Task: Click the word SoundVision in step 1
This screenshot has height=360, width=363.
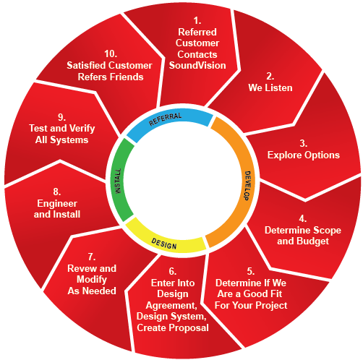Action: [x=197, y=65]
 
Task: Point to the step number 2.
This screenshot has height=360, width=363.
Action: [x=270, y=77]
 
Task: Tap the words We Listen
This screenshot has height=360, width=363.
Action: [x=270, y=87]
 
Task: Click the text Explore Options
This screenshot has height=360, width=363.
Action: [x=304, y=155]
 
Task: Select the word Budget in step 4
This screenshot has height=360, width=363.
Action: [x=312, y=241]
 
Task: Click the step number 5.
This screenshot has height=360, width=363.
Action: [x=251, y=272]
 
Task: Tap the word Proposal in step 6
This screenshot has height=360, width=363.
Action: [x=189, y=328]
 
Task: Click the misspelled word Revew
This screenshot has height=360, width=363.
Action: [x=82, y=268]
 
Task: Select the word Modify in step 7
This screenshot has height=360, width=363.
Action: [x=92, y=280]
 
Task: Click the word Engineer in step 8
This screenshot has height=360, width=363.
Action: [x=57, y=204]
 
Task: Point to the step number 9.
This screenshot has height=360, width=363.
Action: [x=61, y=117]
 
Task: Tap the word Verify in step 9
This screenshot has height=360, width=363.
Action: [x=82, y=129]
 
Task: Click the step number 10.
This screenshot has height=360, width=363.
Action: [x=111, y=53]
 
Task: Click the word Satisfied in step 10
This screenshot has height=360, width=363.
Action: [x=86, y=65]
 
